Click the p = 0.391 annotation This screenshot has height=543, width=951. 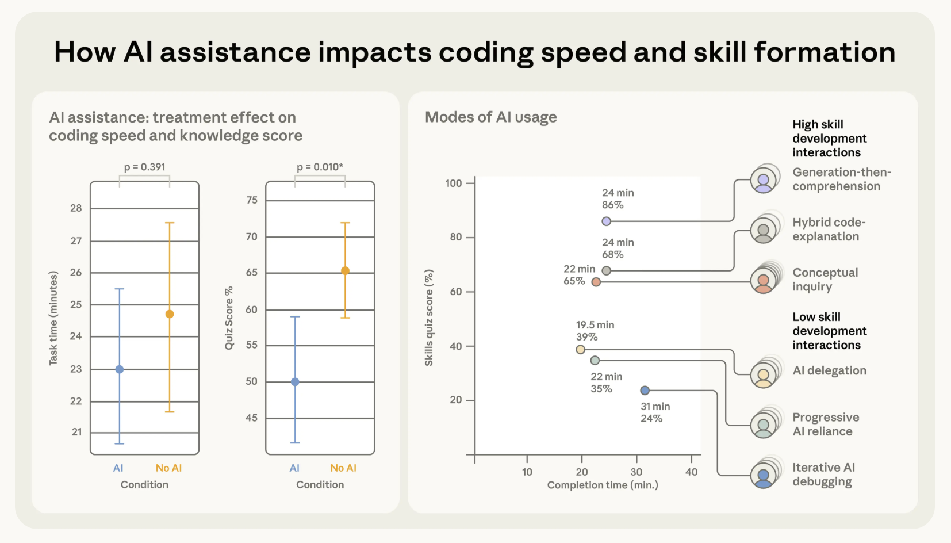(144, 167)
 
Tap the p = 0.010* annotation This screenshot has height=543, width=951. (320, 167)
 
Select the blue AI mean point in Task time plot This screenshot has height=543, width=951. (120, 369)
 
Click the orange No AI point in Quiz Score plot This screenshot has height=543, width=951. (345, 271)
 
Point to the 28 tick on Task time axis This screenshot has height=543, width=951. (76, 208)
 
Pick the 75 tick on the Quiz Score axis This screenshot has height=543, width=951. (252, 200)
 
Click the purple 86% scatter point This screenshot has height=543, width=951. (606, 221)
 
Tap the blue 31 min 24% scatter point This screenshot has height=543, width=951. (645, 391)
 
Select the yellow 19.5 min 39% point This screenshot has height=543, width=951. (581, 350)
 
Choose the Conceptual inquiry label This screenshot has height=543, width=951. (825, 280)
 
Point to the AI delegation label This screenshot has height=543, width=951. (829, 370)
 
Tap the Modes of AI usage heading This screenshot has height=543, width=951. (490, 117)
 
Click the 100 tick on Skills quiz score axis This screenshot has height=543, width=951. (454, 183)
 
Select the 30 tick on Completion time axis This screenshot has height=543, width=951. (636, 472)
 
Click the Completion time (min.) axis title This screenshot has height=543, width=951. (603, 485)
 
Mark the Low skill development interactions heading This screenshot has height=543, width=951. (829, 331)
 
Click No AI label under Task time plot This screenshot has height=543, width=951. (168, 468)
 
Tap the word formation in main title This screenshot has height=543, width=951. (825, 52)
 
